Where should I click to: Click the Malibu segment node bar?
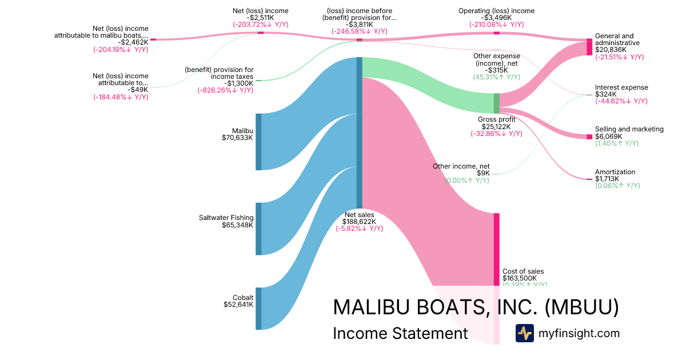(258, 142)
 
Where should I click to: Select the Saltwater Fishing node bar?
(258, 229)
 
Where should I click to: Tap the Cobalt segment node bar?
(258, 309)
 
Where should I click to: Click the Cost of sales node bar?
(496, 249)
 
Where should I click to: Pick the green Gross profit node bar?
(496, 103)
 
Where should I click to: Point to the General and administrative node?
(589, 47)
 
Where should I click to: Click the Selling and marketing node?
(589, 137)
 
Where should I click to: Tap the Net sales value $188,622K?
(359, 221)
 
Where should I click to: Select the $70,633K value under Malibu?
(237, 138)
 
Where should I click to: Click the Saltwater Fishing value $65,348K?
(237, 225)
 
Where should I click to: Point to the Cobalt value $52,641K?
(238, 305)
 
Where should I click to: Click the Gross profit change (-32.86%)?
(496, 134)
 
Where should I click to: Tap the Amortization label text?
(615, 171)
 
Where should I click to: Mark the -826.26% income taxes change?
(226, 90)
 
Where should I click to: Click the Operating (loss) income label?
(496, 11)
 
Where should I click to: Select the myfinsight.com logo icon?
(524, 333)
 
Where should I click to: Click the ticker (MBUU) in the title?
(581, 307)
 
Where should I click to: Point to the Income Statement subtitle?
(400, 334)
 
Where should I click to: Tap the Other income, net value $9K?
(483, 173)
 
